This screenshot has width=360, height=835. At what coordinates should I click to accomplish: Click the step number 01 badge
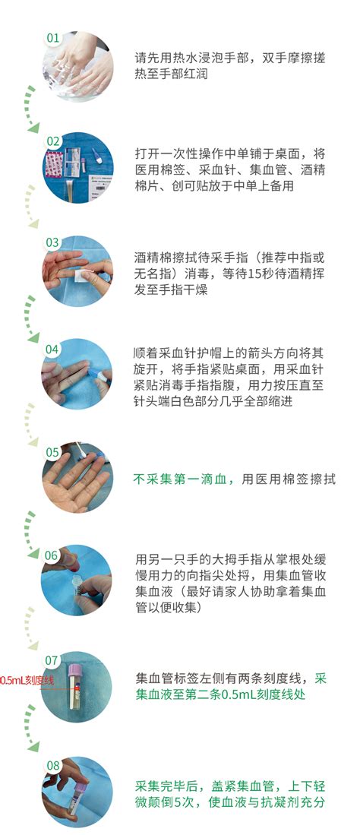[53, 38]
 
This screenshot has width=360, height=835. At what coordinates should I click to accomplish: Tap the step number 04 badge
[52, 349]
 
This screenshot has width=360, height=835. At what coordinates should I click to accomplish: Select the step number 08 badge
[53, 765]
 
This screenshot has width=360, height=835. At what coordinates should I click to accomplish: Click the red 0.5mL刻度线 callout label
[27, 680]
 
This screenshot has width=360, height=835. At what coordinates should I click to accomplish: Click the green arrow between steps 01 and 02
[30, 109]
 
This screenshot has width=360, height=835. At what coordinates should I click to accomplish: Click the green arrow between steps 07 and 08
[30, 728]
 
